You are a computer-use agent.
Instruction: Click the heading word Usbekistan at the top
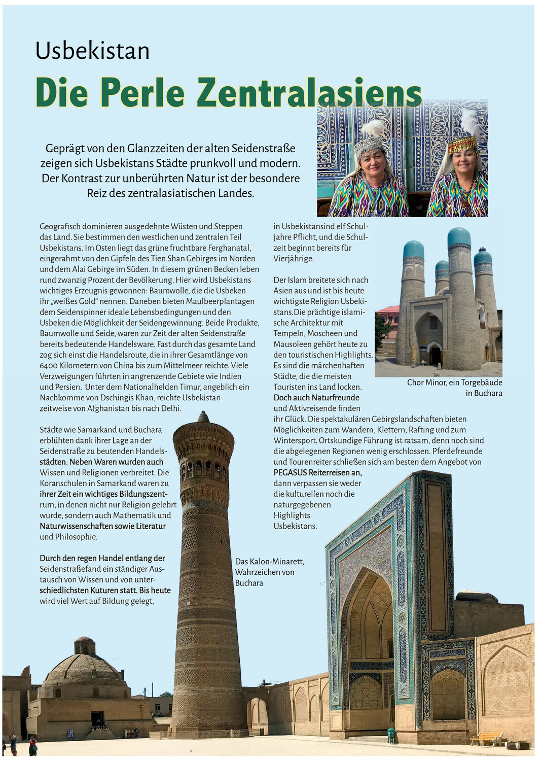(x=92, y=51)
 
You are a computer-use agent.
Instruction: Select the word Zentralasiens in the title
(x=309, y=93)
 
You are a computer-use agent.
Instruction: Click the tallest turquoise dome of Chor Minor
(x=459, y=238)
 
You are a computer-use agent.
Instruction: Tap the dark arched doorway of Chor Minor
(x=435, y=355)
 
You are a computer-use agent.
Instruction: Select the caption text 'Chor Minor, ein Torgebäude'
(x=454, y=383)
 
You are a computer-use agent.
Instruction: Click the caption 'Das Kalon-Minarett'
(x=269, y=562)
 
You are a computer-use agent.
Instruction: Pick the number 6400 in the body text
(x=50, y=365)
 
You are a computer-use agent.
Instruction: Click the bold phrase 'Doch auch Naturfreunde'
(x=316, y=398)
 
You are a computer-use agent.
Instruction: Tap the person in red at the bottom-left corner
(x=33, y=746)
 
